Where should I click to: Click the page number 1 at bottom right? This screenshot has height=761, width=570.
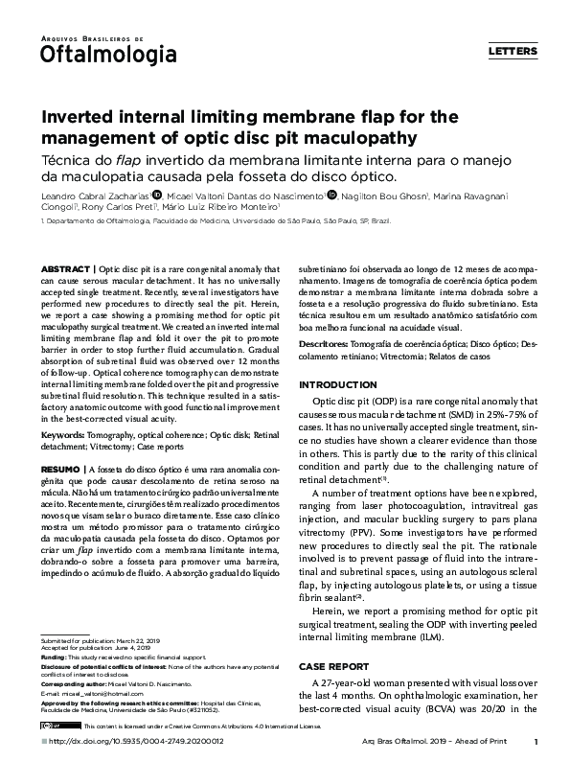[x=536, y=741]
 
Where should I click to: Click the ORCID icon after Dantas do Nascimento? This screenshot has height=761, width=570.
[x=332, y=195]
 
